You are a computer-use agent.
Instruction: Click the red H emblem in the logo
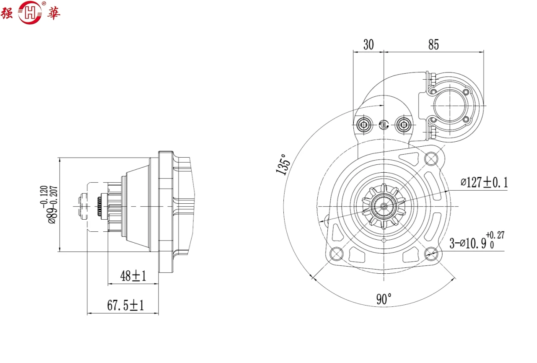pyautogui.click(x=31, y=12)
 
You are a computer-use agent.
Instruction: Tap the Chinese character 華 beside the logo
pyautogui.click(x=53, y=13)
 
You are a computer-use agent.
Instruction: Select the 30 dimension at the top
pyautogui.click(x=368, y=45)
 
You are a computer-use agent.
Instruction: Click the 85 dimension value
pyautogui.click(x=433, y=45)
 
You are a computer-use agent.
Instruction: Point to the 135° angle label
pyautogui.click(x=283, y=164)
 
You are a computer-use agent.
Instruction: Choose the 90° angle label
pyautogui.click(x=384, y=299)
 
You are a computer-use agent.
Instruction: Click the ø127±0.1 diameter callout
pyautogui.click(x=484, y=183)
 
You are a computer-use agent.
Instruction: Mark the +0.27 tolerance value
pyautogui.click(x=495, y=235)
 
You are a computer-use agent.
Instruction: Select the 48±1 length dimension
pyautogui.click(x=133, y=276)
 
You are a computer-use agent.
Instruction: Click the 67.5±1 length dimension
pyautogui.click(x=125, y=306)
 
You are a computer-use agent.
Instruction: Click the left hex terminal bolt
pyautogui.click(x=363, y=124)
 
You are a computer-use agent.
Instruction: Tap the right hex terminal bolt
pyautogui.click(x=404, y=124)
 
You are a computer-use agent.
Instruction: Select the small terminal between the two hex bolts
pyautogui.click(x=383, y=124)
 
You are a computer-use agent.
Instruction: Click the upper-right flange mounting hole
pyautogui.click(x=431, y=159)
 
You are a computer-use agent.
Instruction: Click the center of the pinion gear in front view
pyautogui.click(x=384, y=206)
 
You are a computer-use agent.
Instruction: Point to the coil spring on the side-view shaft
pyautogui.click(x=100, y=206)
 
